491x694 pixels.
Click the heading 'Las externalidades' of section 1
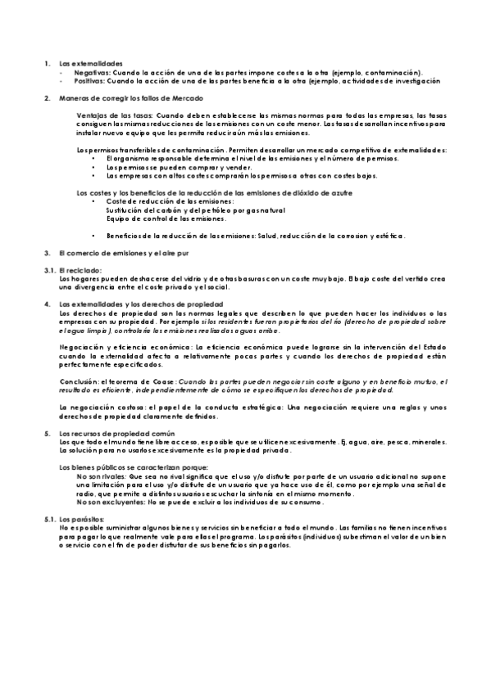(x=90, y=63)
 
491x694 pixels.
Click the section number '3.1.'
(x=48, y=269)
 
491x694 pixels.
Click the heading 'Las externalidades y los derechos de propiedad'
(x=136, y=304)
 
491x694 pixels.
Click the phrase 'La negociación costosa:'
(x=101, y=408)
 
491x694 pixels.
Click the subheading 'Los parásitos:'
(x=81, y=520)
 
